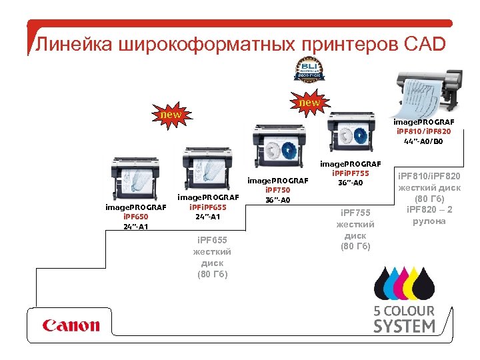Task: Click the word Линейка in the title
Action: coord(74,45)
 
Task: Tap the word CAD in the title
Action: coord(424,45)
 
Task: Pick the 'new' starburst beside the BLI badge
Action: coord(309,103)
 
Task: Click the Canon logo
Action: coord(71,325)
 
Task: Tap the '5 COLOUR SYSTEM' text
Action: coord(404,319)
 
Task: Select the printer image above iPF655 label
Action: coord(203,169)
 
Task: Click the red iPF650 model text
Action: coord(135,216)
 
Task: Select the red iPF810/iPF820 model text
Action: coord(423,131)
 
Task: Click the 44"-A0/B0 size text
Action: coord(423,141)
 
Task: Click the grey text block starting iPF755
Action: coord(355,231)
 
